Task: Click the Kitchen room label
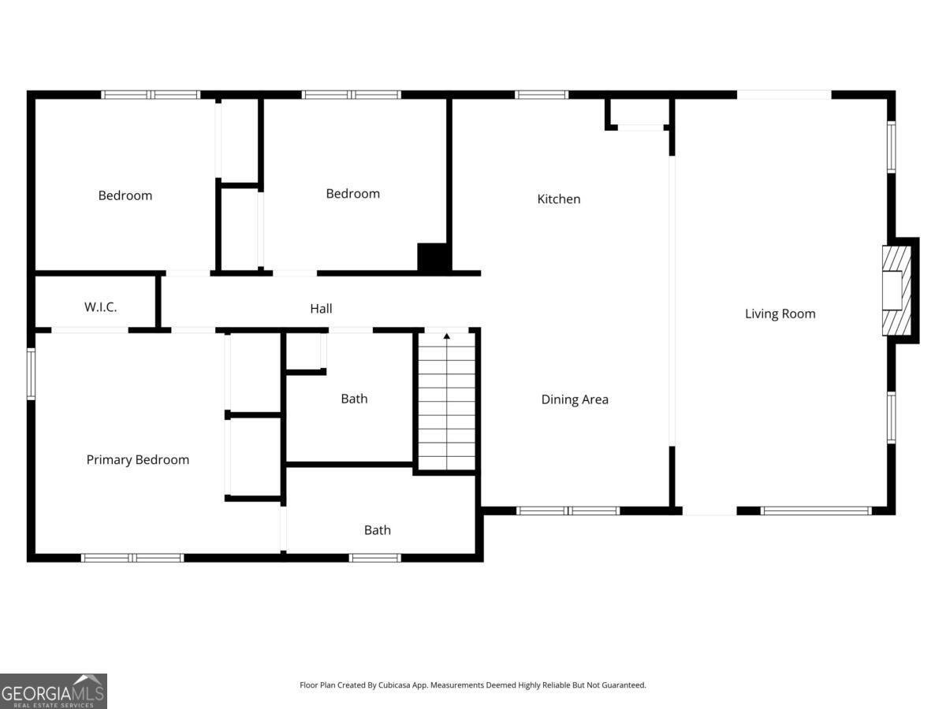click(x=559, y=199)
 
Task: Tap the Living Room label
click(x=780, y=314)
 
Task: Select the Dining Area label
click(x=575, y=399)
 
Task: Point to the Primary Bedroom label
click(x=138, y=460)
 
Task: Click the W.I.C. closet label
click(x=100, y=307)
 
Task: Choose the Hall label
click(x=321, y=308)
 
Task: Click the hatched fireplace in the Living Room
click(x=897, y=291)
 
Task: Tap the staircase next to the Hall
click(x=447, y=401)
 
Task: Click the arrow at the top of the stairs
click(x=447, y=336)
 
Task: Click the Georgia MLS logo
click(x=54, y=691)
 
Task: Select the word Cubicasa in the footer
click(x=395, y=685)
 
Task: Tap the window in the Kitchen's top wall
click(x=542, y=95)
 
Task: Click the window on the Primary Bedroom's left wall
click(x=31, y=373)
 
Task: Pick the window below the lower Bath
click(x=375, y=558)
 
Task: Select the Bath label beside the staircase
click(x=354, y=399)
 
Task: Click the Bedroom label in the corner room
click(x=125, y=195)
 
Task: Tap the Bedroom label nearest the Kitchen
click(x=353, y=194)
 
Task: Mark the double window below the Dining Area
click(x=568, y=511)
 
